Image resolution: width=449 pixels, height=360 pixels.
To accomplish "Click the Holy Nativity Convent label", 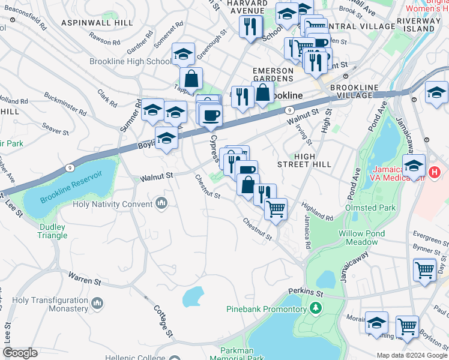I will (112, 204).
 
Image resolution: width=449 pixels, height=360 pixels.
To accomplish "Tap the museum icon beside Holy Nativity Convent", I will (161, 204).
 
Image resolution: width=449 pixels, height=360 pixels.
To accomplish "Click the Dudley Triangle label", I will (53, 231).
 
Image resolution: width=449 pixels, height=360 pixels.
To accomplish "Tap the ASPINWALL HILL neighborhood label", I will (97, 22).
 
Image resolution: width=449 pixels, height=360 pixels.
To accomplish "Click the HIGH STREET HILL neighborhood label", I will (304, 160).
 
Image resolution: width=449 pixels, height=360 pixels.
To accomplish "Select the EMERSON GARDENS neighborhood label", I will (273, 75).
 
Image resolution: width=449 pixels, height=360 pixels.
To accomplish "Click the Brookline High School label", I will (130, 62).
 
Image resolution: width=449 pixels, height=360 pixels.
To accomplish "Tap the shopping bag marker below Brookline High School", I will (191, 79).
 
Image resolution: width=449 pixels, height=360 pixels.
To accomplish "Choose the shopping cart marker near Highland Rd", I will (276, 209).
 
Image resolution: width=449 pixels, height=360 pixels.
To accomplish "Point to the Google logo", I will (20, 353).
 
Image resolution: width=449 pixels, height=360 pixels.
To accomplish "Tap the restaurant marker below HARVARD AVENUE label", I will (249, 26).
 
